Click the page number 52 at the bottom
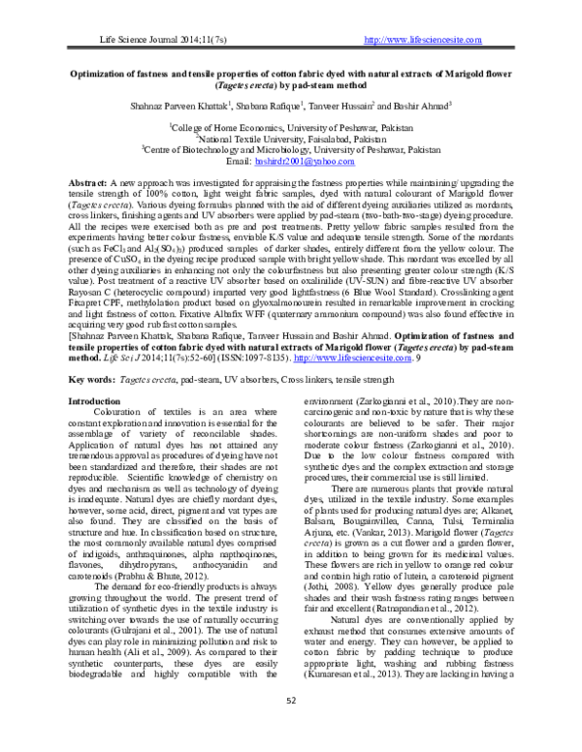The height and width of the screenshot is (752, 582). (x=291, y=728)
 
